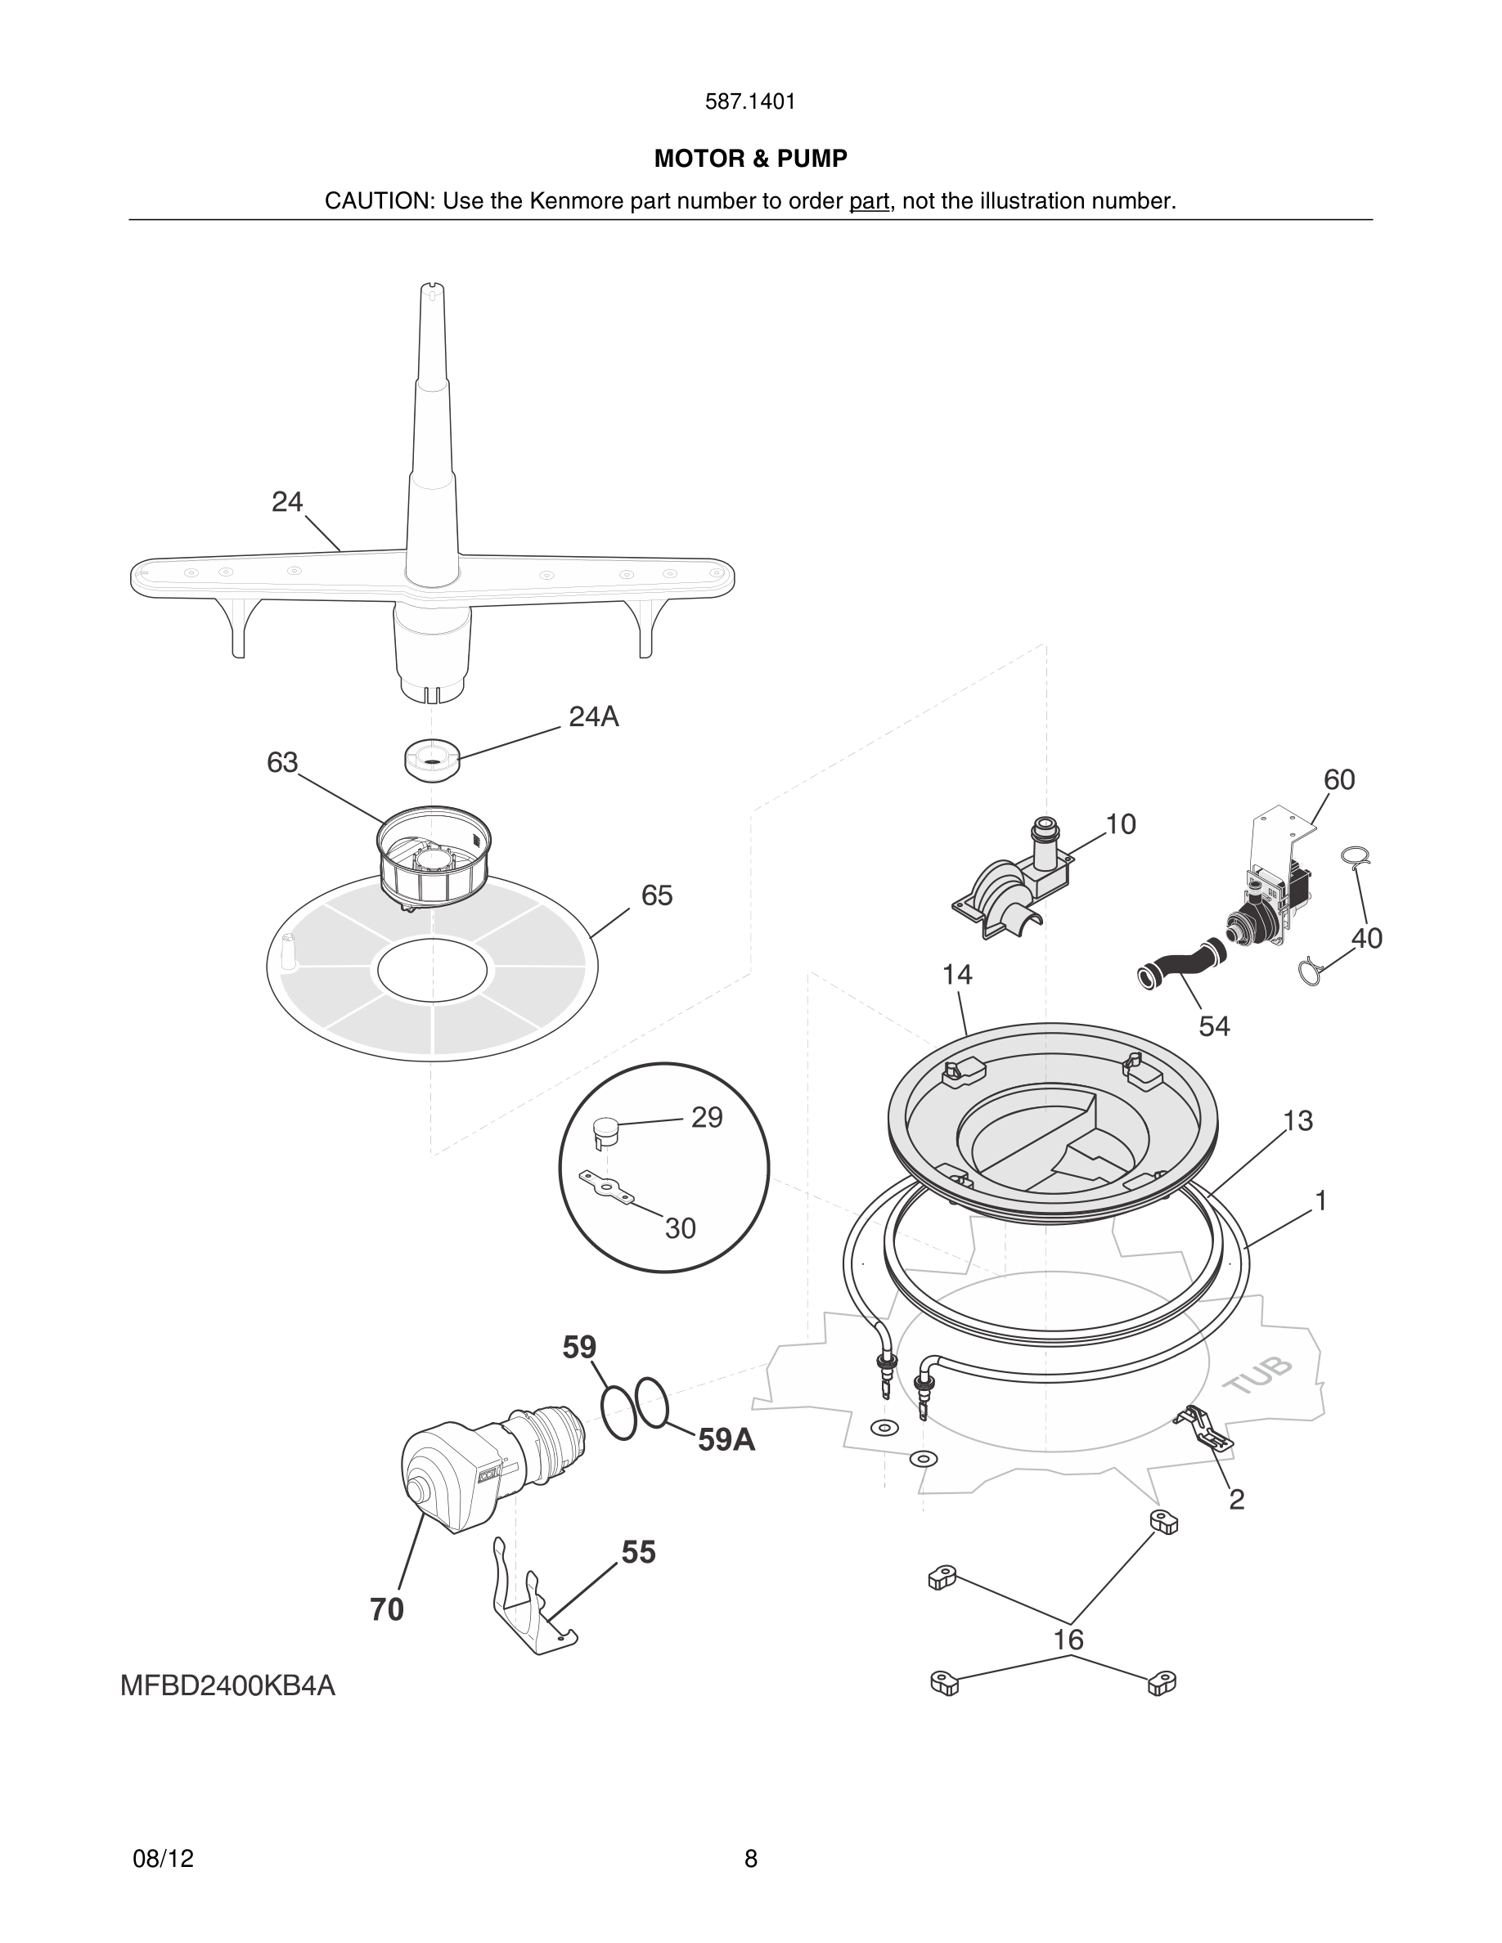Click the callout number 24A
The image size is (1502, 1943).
click(x=593, y=716)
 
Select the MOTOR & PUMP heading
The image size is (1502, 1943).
click(x=750, y=159)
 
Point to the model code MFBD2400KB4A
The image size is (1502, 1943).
click(x=227, y=1686)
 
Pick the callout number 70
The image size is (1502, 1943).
click(x=387, y=1609)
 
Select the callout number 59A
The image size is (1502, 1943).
click(x=726, y=1439)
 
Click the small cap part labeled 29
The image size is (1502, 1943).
click(x=605, y=1131)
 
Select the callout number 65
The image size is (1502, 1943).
click(x=657, y=895)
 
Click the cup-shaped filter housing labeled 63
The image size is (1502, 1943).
click(x=434, y=859)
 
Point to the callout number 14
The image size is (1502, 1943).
click(x=957, y=974)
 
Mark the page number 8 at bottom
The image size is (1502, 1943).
click(x=750, y=1859)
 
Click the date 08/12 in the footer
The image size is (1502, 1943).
click(x=163, y=1859)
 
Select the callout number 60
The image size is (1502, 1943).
click(x=1338, y=779)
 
